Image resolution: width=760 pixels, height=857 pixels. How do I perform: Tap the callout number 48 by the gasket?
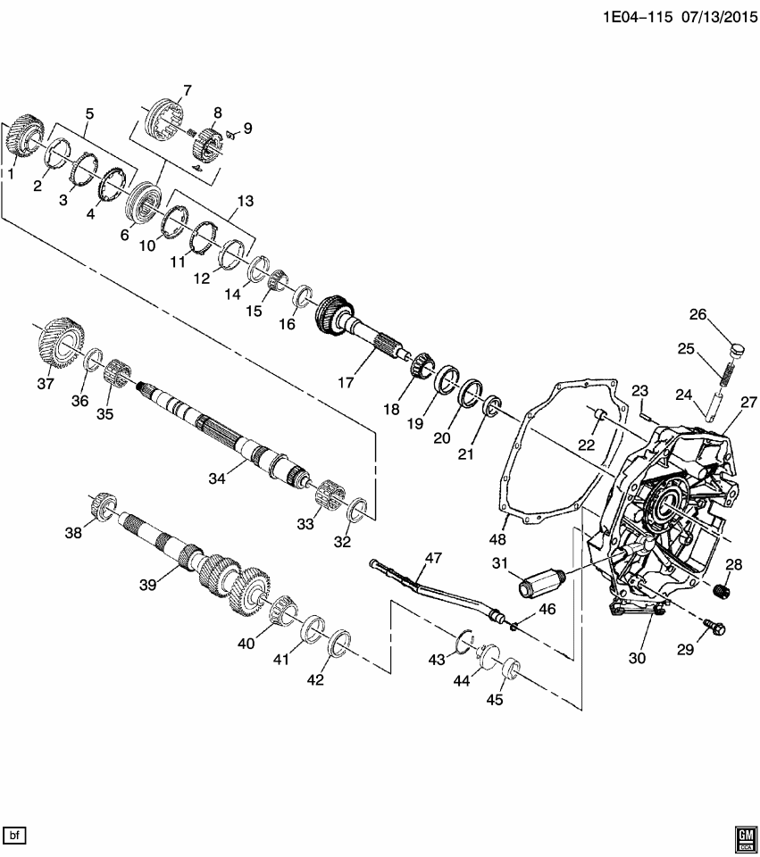(498, 539)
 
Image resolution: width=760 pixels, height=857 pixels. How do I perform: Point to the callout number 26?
(697, 314)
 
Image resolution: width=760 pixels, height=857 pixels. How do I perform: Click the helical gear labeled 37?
(63, 343)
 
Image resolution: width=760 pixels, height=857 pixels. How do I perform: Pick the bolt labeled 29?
(714, 628)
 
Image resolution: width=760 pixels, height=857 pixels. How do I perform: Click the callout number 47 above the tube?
(433, 558)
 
